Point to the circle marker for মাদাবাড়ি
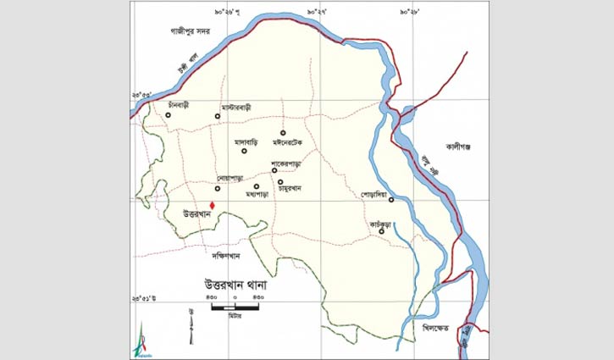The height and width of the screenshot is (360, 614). coord(244,152)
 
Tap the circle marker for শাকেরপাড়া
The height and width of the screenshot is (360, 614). coord(274,170)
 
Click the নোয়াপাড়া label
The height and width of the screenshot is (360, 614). coord(230,179)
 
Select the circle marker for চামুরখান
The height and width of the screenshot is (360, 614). coord(279,181)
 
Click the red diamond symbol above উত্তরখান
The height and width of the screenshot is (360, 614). coord(213,204)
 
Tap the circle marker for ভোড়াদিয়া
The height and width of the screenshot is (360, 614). coord(391,201)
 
